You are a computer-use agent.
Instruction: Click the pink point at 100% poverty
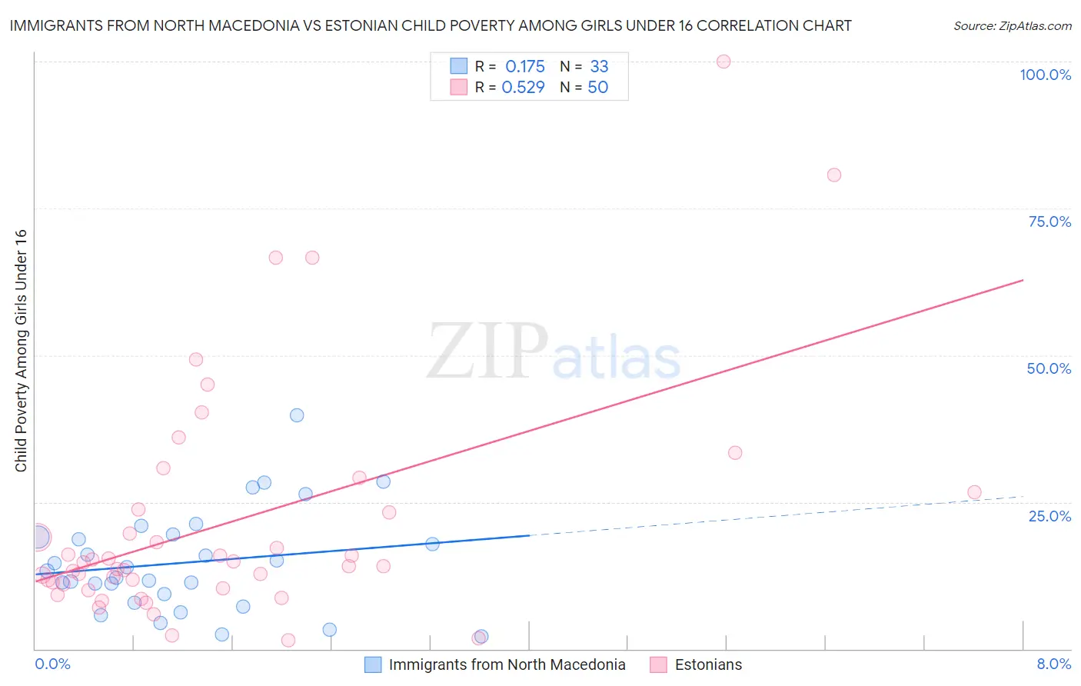click(723, 62)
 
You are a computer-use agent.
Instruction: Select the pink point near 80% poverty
click(833, 175)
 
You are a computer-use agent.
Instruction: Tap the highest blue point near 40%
click(297, 415)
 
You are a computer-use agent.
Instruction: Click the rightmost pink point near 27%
click(974, 492)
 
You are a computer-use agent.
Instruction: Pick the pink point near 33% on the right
click(735, 453)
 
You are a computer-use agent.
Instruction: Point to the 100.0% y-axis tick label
click(1045, 75)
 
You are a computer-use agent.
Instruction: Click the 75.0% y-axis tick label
click(1049, 221)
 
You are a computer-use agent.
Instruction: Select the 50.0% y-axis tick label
click(1049, 368)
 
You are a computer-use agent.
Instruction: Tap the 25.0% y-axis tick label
click(1049, 516)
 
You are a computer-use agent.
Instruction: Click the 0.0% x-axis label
click(52, 664)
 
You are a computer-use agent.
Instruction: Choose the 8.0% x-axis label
click(1053, 664)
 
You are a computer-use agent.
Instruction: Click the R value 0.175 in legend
click(524, 66)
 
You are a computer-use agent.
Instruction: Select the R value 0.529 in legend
click(523, 88)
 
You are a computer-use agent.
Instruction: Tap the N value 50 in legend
click(597, 88)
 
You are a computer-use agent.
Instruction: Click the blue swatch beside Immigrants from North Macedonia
click(373, 664)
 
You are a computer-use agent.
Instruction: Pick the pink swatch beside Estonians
click(658, 664)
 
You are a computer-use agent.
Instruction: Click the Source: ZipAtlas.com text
click(1012, 26)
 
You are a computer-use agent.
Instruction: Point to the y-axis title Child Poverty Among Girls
click(21, 350)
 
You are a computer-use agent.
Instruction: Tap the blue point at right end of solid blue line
click(432, 544)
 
